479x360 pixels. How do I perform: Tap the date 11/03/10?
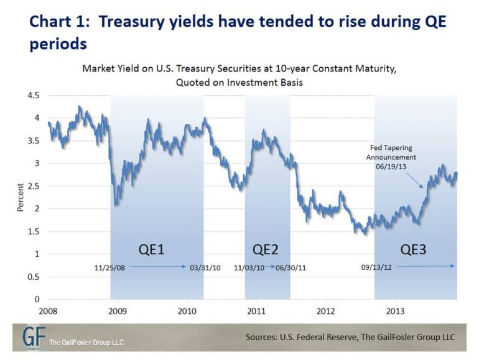coord(249,267)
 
